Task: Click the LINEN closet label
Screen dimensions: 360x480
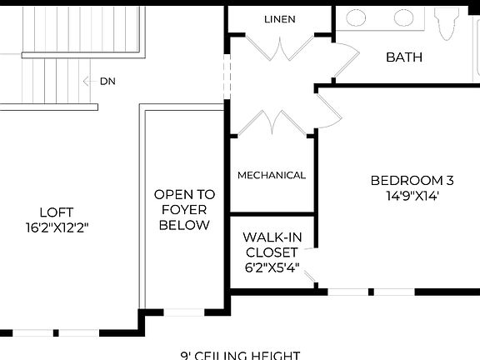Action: (279, 19)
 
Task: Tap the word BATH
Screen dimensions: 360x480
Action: (404, 57)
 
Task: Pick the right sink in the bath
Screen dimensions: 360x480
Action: (404, 17)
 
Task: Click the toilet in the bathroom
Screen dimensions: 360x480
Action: (448, 20)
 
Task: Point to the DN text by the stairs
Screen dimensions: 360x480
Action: (107, 81)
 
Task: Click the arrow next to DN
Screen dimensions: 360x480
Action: (89, 81)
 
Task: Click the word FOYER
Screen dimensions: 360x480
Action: (183, 209)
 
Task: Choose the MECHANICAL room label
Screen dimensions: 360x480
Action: (272, 175)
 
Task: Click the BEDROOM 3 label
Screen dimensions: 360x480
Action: (412, 180)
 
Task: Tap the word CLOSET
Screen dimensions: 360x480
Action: (272, 252)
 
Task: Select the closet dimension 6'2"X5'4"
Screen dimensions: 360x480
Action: (272, 268)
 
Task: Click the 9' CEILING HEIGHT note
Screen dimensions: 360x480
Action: (240, 355)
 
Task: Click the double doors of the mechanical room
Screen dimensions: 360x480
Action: (272, 122)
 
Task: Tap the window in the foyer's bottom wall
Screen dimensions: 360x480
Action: (183, 312)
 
